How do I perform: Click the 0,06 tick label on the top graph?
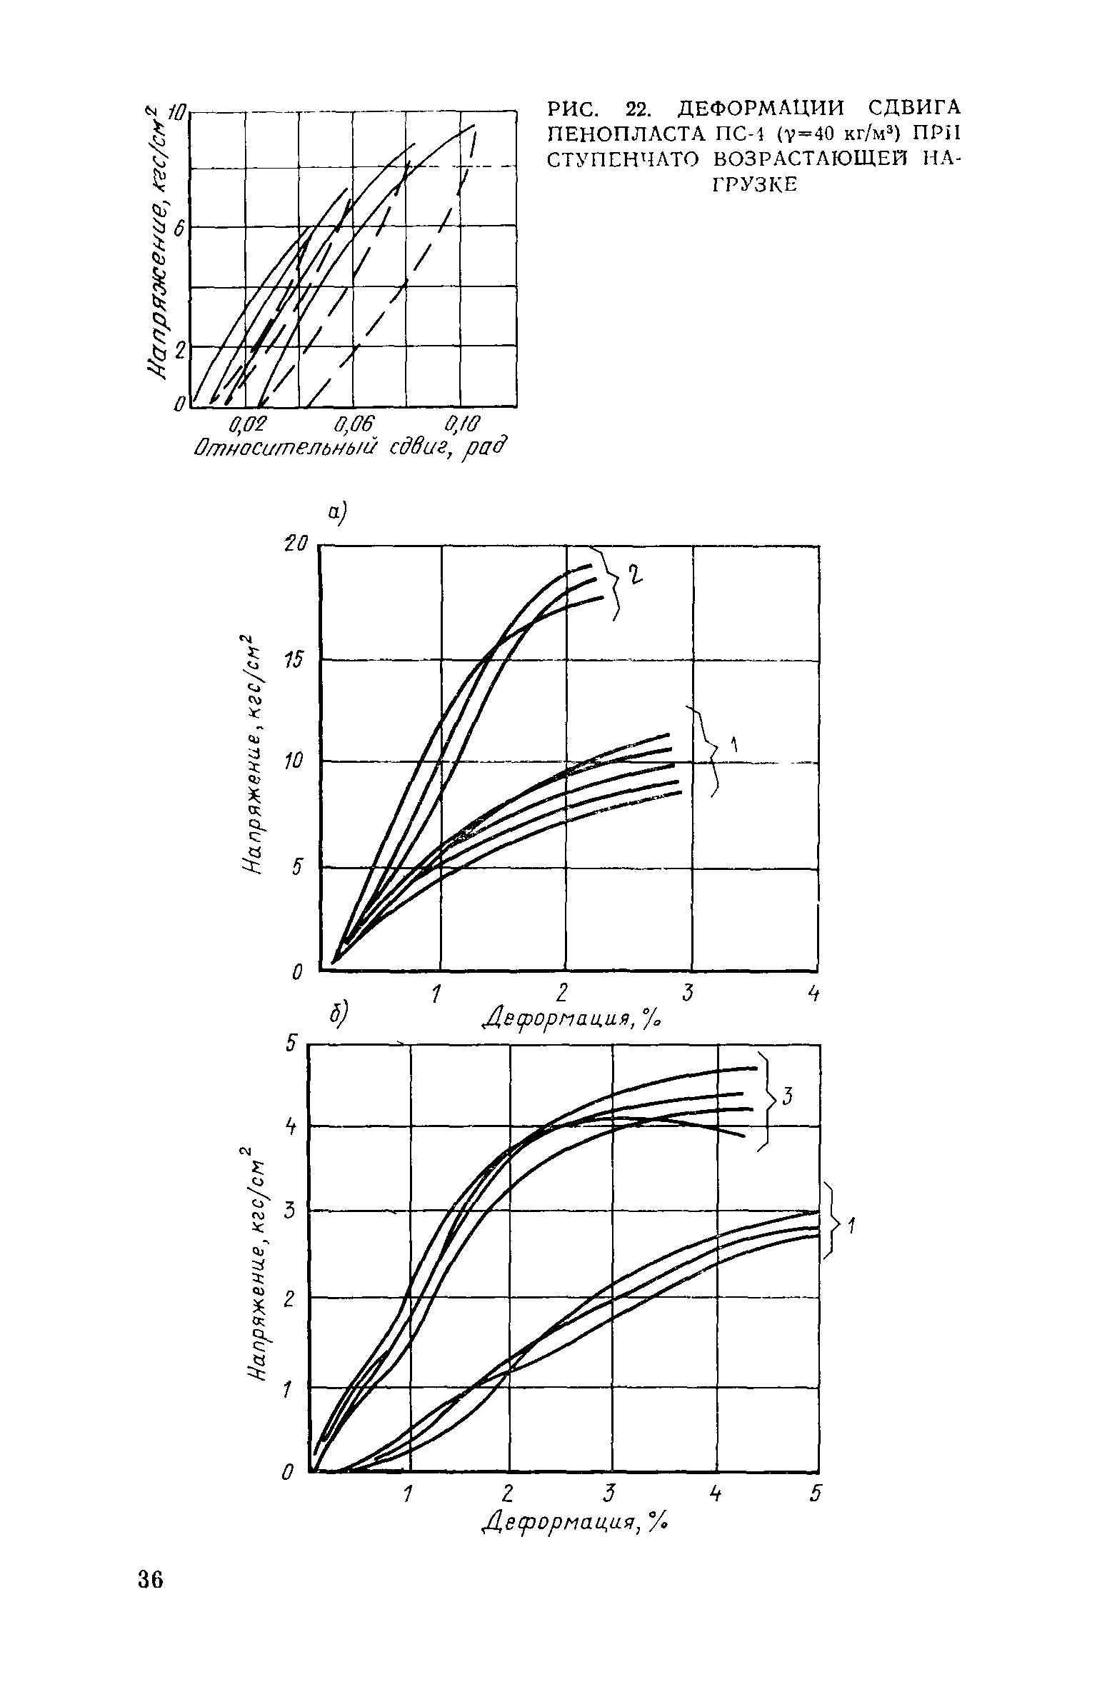pos(354,426)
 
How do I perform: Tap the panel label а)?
pos(336,511)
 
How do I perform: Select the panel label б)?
pos(338,1015)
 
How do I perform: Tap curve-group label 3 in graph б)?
pos(787,1096)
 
